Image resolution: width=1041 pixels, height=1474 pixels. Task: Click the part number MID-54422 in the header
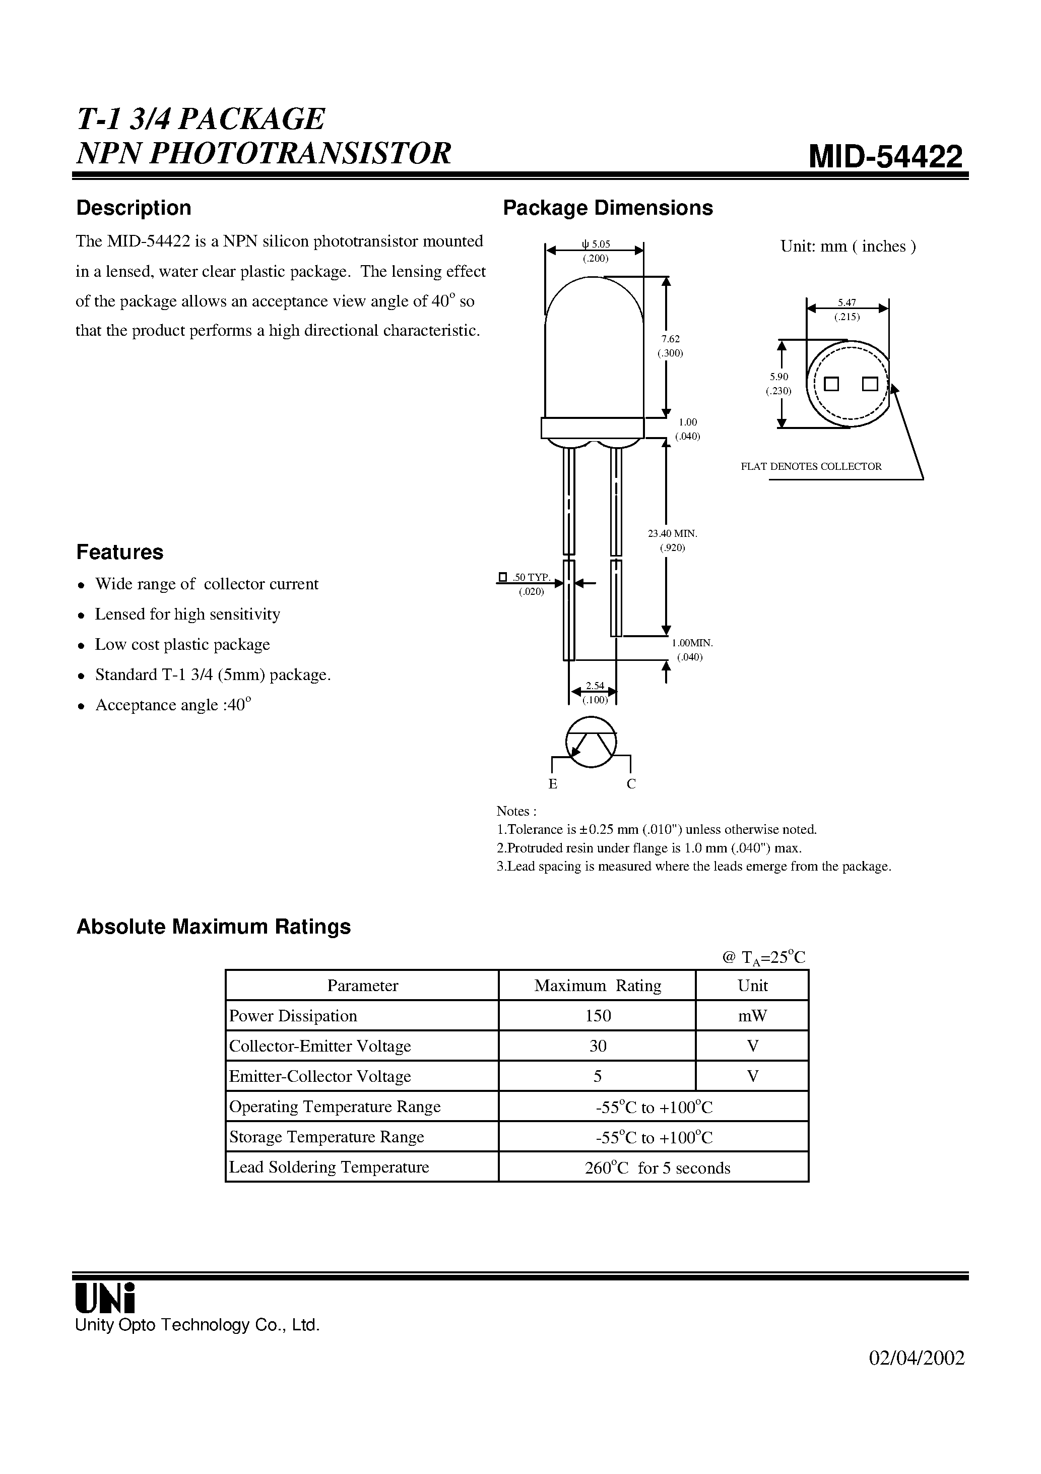click(886, 156)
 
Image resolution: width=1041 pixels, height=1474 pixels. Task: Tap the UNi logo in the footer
click(105, 1298)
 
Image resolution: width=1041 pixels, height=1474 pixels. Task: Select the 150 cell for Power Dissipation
click(598, 1016)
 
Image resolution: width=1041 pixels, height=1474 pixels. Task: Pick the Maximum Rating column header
click(598, 986)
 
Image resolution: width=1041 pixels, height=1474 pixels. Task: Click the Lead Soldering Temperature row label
click(329, 1166)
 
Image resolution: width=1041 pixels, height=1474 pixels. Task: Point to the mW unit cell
click(753, 1016)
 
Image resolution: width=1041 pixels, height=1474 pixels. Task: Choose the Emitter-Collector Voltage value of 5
click(598, 1076)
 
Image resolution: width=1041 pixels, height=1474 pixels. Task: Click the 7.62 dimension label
click(671, 339)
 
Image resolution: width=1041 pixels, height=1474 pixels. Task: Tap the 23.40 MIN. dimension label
click(673, 533)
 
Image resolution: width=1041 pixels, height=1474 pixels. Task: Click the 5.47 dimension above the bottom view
click(847, 302)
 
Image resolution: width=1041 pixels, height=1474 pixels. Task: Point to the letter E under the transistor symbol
click(553, 784)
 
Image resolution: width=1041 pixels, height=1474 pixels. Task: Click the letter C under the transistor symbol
click(631, 784)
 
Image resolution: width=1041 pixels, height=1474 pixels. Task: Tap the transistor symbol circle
click(591, 742)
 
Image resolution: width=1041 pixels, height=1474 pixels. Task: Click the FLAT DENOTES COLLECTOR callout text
click(811, 467)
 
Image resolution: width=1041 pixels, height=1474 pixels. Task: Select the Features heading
click(120, 552)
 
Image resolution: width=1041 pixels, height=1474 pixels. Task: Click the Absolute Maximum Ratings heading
click(214, 927)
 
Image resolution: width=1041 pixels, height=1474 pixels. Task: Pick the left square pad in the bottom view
click(832, 385)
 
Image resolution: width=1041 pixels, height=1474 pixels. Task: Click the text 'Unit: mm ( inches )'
click(848, 247)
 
